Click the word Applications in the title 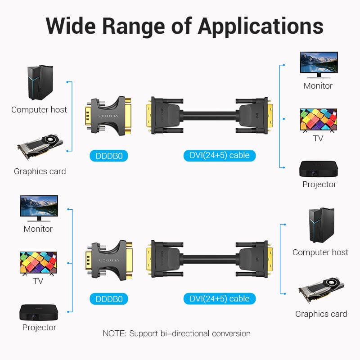click(261, 26)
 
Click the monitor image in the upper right click(319, 65)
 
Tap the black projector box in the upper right click(319, 169)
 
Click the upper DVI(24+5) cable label click(220, 156)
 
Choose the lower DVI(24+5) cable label click(220, 298)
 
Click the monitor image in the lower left click(39, 208)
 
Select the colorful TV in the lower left click(38, 263)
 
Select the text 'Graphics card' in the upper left click(40, 171)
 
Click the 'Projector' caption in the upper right click(319, 184)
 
